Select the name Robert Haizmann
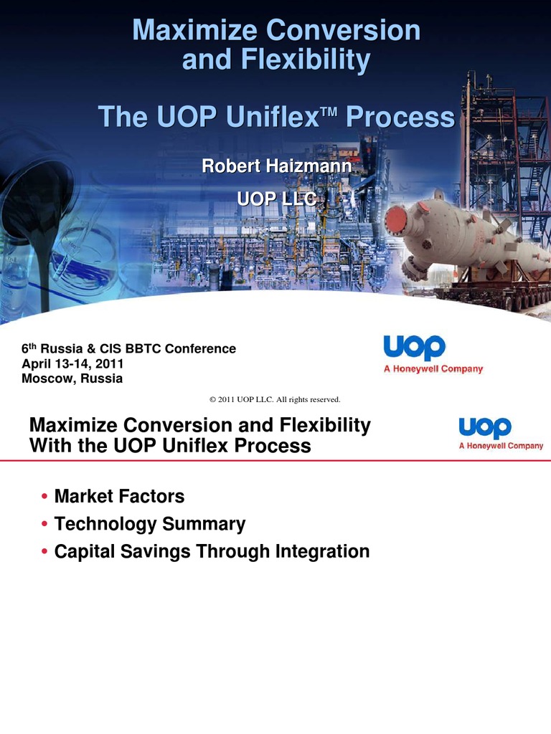tap(276, 166)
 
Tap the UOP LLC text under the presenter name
tap(276, 199)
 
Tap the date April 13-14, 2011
tap(72, 364)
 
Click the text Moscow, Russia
tap(72, 378)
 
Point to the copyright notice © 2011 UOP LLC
tap(273, 399)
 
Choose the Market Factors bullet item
tap(119, 496)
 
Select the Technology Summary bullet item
tap(149, 524)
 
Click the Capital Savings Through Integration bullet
tap(212, 551)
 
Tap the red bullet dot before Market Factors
tap(45, 497)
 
